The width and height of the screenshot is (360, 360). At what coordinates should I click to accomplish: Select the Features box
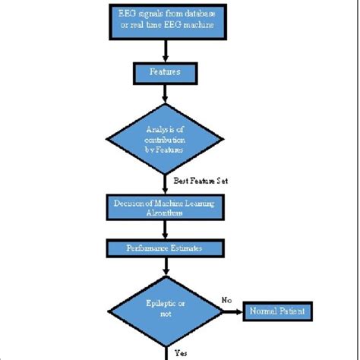[x=166, y=74]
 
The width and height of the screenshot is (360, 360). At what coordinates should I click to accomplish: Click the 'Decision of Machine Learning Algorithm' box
[x=166, y=209]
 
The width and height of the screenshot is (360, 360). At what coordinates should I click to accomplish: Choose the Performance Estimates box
[x=166, y=248]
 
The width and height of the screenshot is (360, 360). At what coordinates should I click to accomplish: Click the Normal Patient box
[x=278, y=310]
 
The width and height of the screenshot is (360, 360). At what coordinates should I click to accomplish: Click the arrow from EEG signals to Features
[x=166, y=51]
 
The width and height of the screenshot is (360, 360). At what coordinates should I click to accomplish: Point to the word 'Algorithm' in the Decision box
[x=166, y=214]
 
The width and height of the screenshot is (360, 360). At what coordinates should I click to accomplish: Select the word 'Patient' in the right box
[x=292, y=310]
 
